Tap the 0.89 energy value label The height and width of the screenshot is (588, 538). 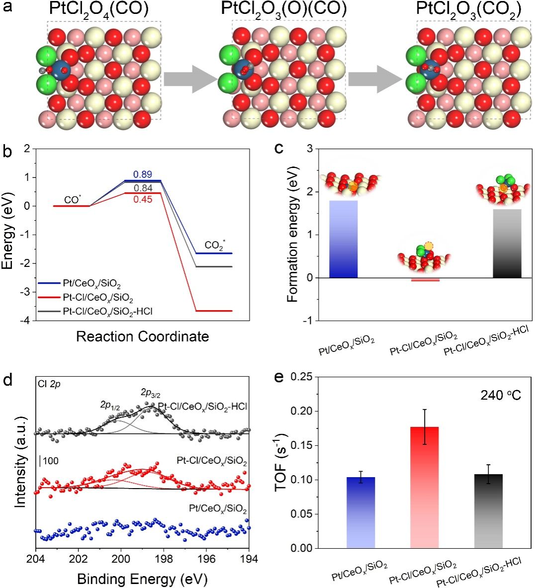[142, 174]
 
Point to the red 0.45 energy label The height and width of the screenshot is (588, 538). [142, 199]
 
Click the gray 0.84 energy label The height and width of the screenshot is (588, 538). [142, 187]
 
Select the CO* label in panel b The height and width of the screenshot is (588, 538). [73, 200]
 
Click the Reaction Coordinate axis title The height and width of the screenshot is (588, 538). [142, 336]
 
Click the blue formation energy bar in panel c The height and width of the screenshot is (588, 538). [343, 239]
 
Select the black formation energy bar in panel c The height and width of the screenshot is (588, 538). [507, 244]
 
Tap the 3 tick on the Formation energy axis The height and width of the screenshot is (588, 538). [309, 149]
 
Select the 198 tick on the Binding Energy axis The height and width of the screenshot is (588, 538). [164, 559]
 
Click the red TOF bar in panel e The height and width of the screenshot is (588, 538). [425, 487]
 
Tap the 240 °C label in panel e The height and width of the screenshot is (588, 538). [500, 396]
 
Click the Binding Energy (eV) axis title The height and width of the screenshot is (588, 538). [142, 579]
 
